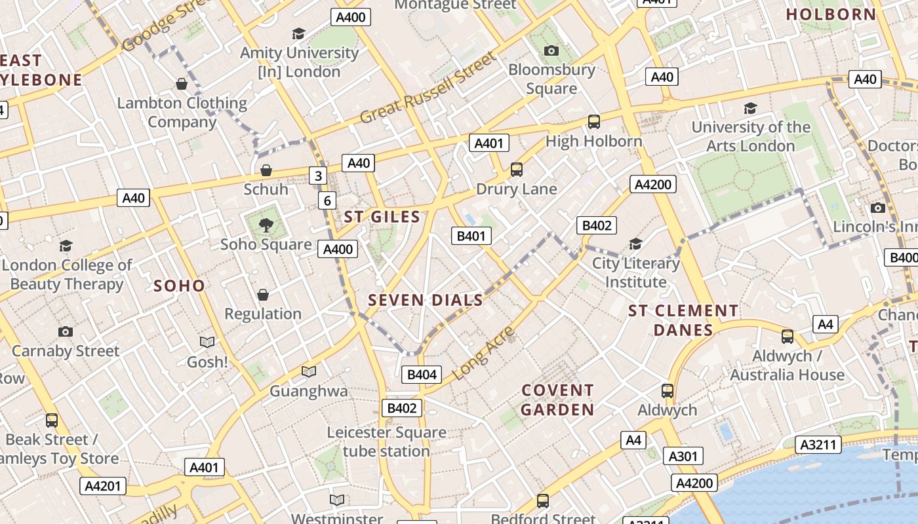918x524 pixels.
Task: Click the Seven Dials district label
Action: [426, 301]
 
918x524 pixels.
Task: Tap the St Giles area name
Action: [382, 217]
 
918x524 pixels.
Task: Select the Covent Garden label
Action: [558, 400]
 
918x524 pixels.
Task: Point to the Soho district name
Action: [179, 286]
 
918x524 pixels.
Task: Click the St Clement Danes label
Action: [683, 320]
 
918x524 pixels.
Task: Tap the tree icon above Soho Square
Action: [266, 226]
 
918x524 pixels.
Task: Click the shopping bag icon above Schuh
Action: [266, 171]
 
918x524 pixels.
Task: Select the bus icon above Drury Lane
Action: [517, 170]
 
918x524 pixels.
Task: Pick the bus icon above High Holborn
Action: [593, 122]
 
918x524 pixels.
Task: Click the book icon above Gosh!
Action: [207, 343]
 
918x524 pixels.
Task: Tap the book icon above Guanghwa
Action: [309, 372]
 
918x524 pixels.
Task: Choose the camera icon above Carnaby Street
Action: [66, 331]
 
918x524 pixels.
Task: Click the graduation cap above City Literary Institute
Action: [635, 244]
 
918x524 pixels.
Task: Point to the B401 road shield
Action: [471, 236]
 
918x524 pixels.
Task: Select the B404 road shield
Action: [422, 375]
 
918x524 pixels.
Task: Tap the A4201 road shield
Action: [103, 486]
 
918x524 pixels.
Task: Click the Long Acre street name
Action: [484, 353]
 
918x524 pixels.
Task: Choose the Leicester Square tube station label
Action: [386, 441]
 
